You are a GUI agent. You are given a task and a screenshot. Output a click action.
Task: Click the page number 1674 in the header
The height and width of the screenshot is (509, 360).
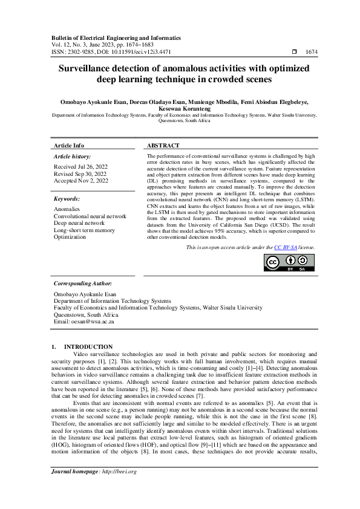tap(312, 53)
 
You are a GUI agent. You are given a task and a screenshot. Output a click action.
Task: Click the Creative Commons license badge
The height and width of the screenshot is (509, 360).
tap(289, 263)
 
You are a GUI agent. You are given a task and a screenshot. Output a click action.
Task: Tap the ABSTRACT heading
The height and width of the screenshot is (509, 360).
tap(163, 146)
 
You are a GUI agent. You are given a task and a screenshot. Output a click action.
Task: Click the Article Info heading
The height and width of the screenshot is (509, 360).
tap(69, 146)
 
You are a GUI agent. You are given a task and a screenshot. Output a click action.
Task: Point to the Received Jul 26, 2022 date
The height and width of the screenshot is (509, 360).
tap(81, 166)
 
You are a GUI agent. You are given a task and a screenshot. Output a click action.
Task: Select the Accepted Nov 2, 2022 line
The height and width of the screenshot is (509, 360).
tap(81, 180)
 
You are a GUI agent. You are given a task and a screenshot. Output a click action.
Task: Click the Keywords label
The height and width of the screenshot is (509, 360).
tap(67, 198)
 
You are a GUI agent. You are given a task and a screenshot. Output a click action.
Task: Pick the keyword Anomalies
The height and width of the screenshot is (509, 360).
tap(67, 209)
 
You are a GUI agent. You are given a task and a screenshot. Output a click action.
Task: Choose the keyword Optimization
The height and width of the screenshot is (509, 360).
tap(70, 238)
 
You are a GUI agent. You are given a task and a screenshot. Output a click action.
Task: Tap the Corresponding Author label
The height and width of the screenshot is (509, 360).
tap(82, 283)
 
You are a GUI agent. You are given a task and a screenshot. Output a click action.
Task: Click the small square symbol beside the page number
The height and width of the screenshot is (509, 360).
tap(294, 53)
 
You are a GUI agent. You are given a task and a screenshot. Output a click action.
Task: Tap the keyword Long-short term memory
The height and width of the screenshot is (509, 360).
tap(84, 230)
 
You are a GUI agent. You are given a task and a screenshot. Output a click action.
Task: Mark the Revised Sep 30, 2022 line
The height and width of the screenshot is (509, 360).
tap(80, 173)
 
